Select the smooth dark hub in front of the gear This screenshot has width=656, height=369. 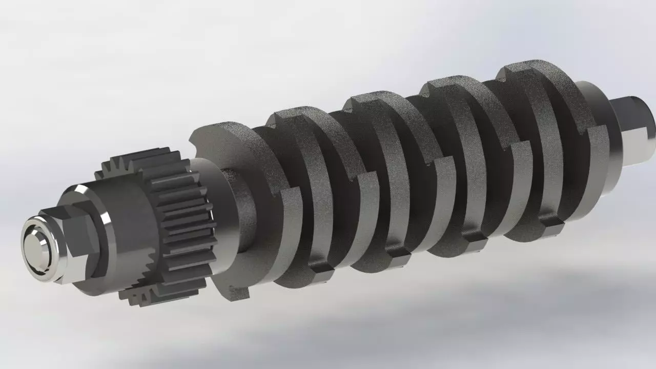coord(128,225)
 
